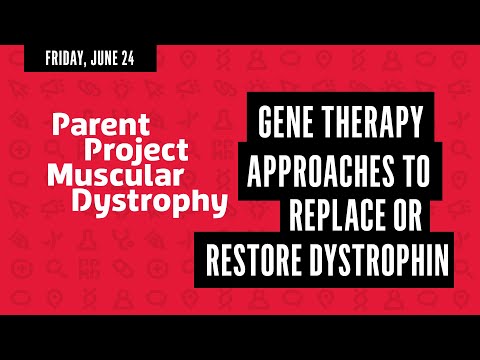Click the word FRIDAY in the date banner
pos(68,58)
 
